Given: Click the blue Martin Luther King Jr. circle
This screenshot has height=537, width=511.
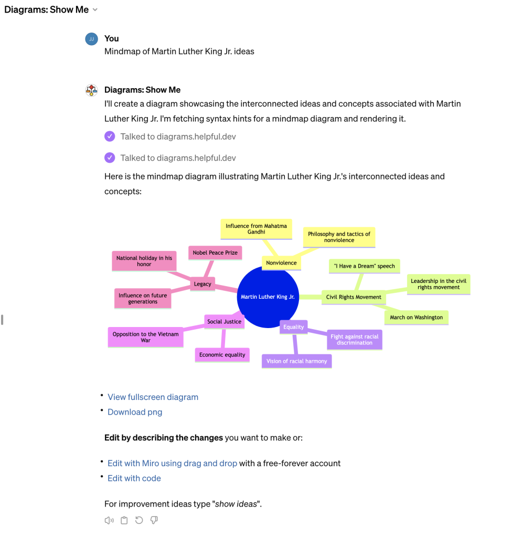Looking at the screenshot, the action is (x=268, y=297).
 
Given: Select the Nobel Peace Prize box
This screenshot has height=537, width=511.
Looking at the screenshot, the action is (x=215, y=252).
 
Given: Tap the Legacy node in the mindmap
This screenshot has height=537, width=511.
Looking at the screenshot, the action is (x=203, y=284).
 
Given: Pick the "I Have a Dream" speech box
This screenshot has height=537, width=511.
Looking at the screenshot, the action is (x=364, y=266).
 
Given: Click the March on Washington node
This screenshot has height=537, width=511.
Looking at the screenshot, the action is (x=416, y=318).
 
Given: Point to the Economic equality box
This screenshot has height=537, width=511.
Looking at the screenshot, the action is (x=222, y=355).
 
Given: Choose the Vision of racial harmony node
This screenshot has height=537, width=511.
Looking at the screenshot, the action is (x=297, y=361).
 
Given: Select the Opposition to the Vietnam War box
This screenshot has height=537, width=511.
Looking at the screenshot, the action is (x=145, y=338).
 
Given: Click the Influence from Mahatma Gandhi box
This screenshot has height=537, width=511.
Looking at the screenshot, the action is (x=256, y=229).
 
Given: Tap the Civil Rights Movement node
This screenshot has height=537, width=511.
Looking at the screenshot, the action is (x=354, y=297).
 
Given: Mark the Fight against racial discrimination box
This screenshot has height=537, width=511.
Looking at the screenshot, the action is (x=354, y=340).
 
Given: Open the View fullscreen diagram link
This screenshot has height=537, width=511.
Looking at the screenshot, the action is (x=153, y=397).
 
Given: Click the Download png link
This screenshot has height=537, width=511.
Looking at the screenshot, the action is (x=135, y=412).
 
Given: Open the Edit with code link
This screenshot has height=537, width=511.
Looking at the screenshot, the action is (x=134, y=478).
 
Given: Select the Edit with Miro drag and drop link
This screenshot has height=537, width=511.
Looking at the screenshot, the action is (x=172, y=464).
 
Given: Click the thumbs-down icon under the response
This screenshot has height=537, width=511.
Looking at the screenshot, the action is (x=154, y=520).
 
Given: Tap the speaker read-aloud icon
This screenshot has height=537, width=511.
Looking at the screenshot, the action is (x=109, y=520).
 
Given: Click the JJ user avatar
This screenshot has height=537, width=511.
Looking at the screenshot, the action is (x=91, y=39).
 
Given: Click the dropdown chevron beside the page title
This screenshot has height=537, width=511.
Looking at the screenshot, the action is (x=95, y=9).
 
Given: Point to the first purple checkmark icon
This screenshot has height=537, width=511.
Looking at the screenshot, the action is (x=110, y=136).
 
